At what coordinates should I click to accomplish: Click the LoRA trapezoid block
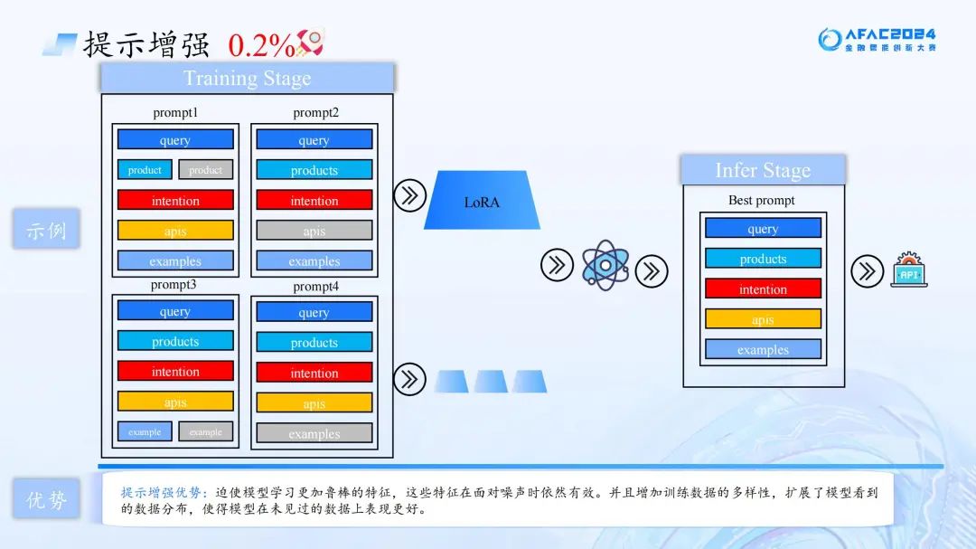click(x=482, y=201)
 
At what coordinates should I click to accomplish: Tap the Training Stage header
click(x=247, y=78)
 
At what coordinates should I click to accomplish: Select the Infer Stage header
click(x=763, y=170)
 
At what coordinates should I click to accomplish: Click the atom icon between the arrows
click(x=605, y=265)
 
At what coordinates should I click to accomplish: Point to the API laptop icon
click(x=908, y=270)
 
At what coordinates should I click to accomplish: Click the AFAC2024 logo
click(x=877, y=40)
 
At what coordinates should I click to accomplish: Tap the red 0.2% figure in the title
click(x=261, y=44)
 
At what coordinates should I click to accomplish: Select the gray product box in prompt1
click(x=205, y=170)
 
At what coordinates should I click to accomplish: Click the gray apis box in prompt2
click(x=314, y=231)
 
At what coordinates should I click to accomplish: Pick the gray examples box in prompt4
click(x=314, y=433)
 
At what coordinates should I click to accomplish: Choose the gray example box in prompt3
click(x=205, y=431)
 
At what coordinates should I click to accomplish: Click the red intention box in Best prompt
click(x=763, y=289)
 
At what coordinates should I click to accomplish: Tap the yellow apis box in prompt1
click(x=175, y=231)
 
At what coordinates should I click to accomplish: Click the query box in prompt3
click(x=175, y=311)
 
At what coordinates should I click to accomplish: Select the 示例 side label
click(x=46, y=230)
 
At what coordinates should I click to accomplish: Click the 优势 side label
click(x=46, y=498)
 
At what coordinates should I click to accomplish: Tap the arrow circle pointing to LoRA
click(x=409, y=194)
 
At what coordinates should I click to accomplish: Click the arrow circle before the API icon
click(x=867, y=270)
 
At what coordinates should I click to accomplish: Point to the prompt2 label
click(x=315, y=112)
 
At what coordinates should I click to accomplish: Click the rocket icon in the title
click(x=311, y=42)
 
